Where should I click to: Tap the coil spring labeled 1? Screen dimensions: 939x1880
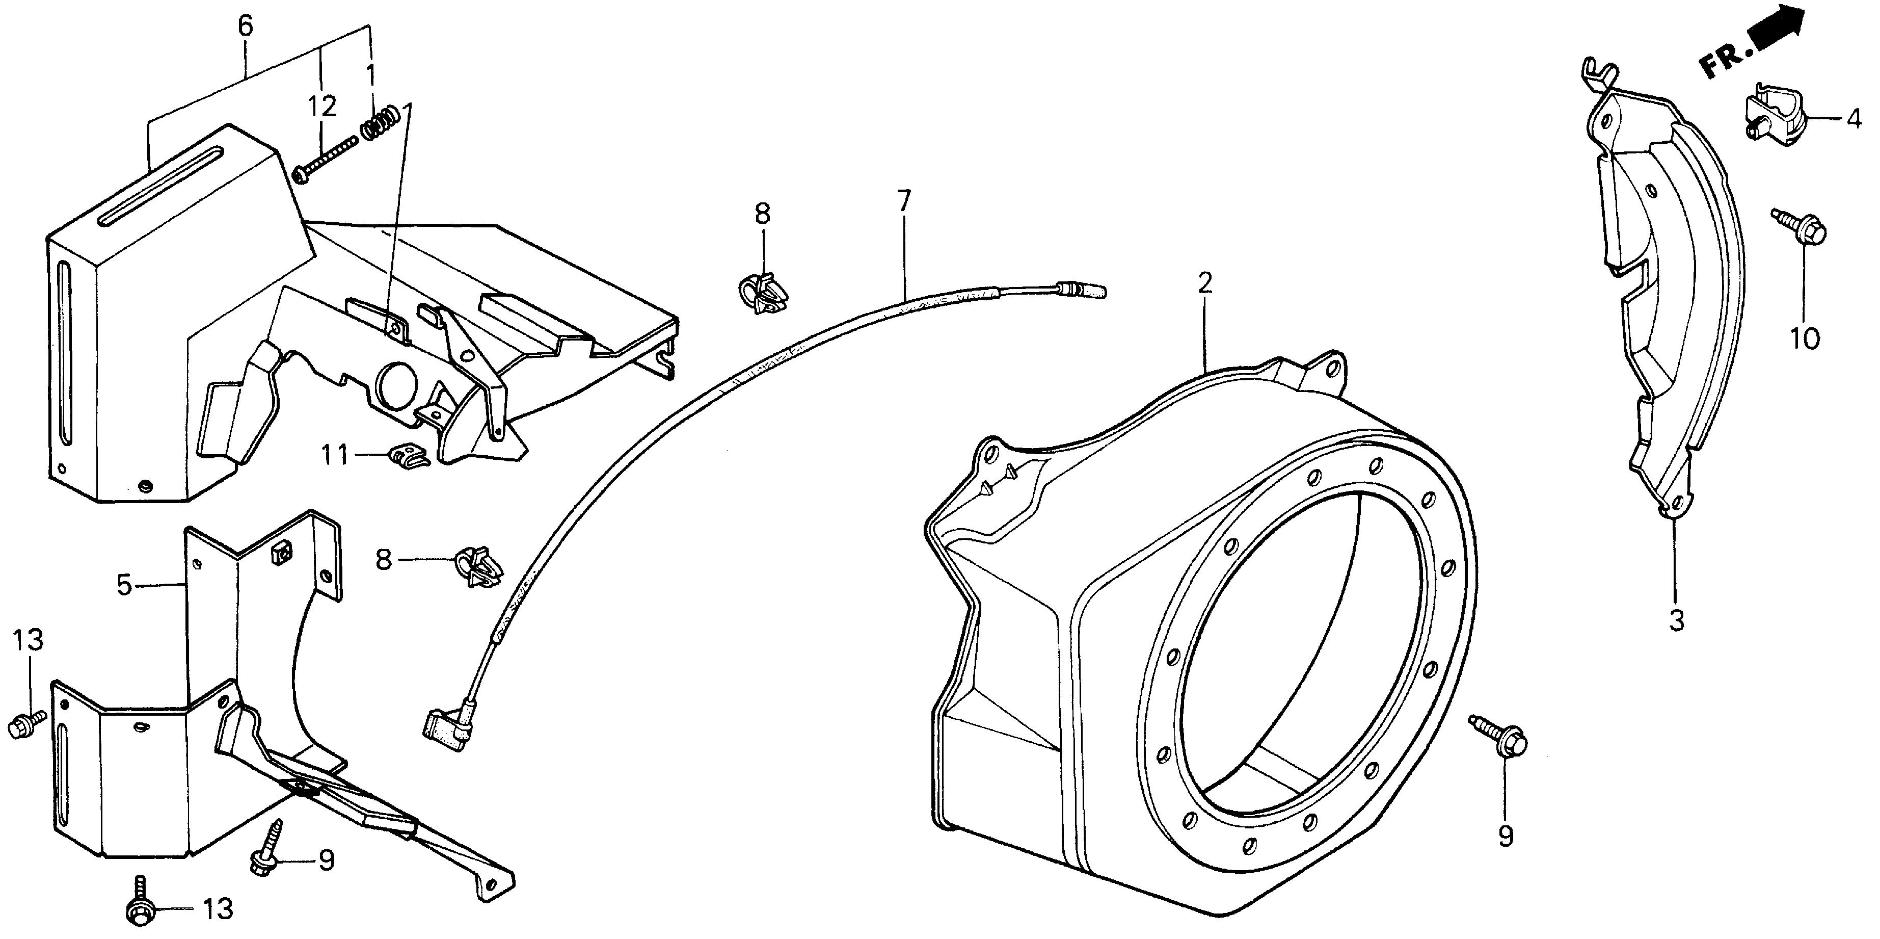point(382,122)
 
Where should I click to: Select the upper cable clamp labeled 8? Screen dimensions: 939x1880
point(761,293)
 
